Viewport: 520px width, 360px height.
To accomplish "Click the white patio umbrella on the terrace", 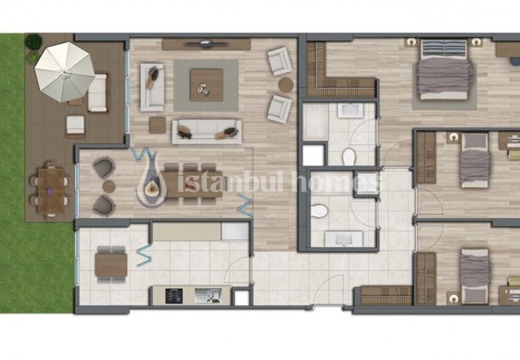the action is (65, 72).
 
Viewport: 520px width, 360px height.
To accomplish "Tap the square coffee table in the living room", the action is (206, 85).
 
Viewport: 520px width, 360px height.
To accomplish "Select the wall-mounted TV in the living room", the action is (206, 43).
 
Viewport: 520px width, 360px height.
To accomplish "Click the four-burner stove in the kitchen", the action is (174, 296).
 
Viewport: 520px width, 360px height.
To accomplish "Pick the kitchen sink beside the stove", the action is (208, 296).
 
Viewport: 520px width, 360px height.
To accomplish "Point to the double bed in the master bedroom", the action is (444, 70).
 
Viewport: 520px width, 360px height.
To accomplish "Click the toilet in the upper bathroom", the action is (349, 157).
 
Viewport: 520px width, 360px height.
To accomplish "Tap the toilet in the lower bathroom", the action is (319, 211).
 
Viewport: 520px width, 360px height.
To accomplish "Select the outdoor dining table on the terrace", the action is (51, 190).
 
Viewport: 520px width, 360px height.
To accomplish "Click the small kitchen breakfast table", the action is (111, 265).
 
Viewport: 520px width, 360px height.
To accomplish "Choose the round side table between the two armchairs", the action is (286, 85).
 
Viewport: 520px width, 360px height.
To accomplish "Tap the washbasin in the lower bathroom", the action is (343, 238).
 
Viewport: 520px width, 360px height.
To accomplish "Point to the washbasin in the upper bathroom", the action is (350, 110).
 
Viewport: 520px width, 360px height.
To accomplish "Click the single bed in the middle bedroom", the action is (475, 161).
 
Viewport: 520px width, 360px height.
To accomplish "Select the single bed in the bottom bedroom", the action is (475, 277).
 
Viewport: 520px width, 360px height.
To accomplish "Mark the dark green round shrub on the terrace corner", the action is (34, 42).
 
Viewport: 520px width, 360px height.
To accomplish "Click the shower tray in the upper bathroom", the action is (315, 122).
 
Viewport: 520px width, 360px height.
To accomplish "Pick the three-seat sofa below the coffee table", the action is (206, 132).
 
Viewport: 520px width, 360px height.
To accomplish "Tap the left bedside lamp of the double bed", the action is (411, 42).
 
